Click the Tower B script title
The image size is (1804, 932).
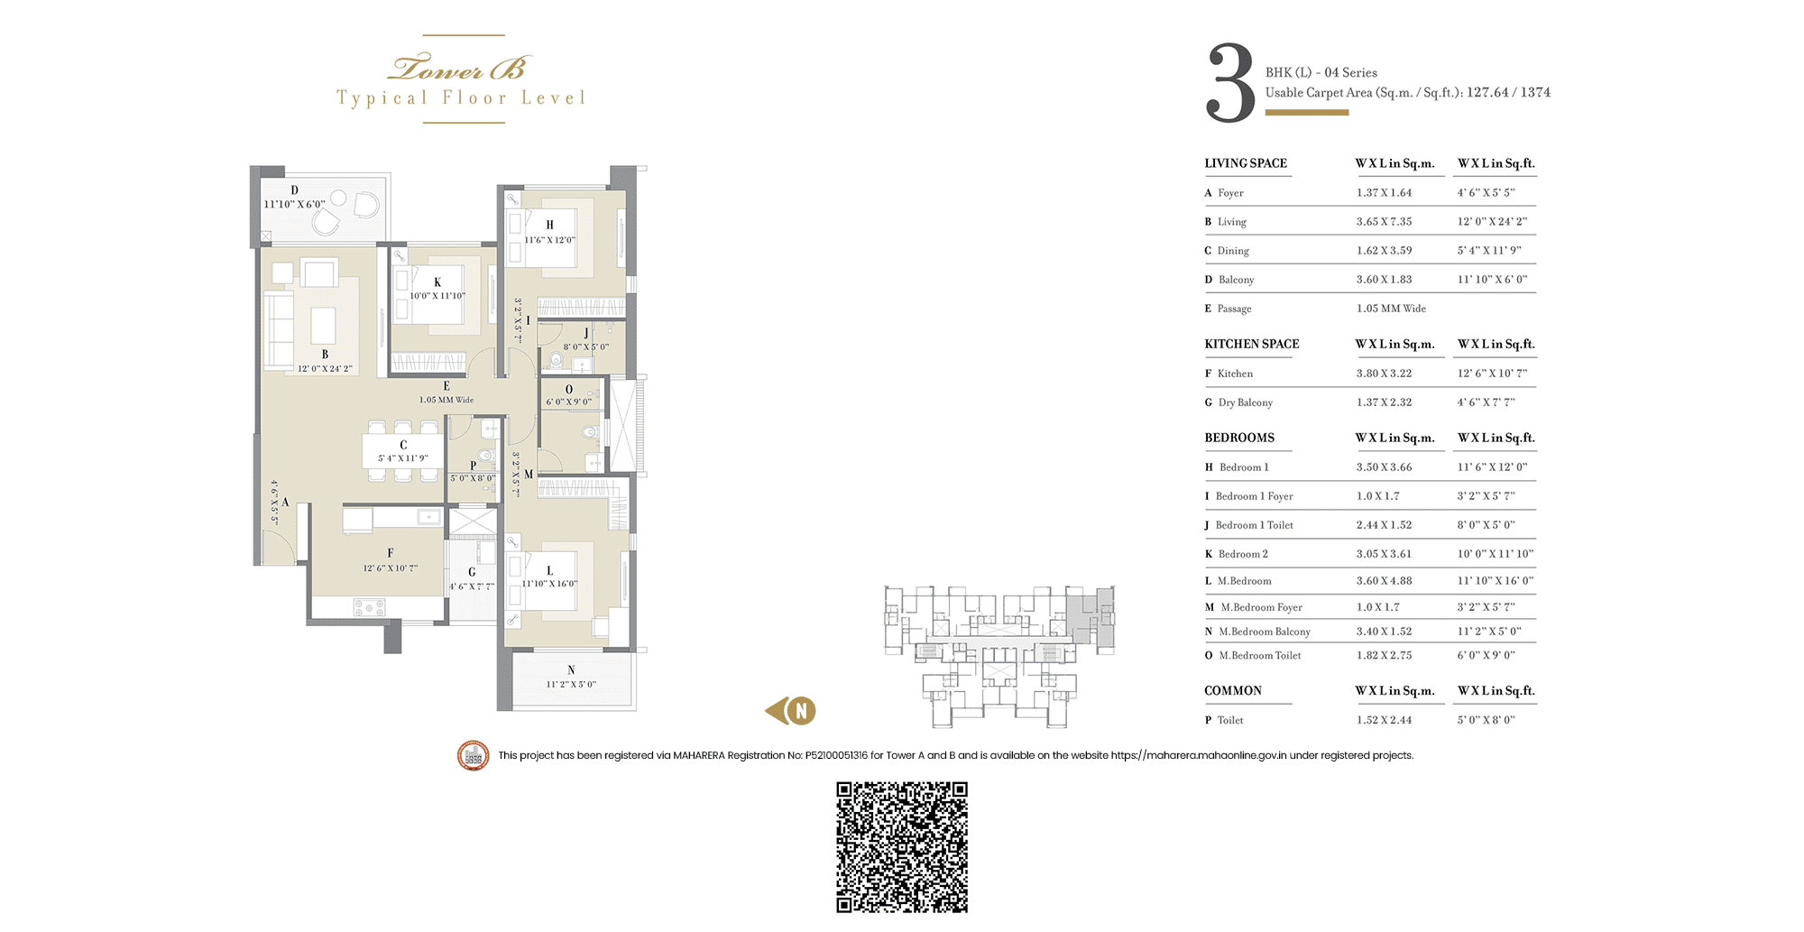click(461, 68)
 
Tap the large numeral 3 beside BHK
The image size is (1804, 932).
click(1230, 83)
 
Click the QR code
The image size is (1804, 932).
click(902, 847)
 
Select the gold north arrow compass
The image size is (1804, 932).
click(791, 711)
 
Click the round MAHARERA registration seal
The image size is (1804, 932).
click(474, 755)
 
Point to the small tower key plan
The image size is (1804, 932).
click(999, 656)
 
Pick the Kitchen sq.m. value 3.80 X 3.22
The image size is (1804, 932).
click(1384, 374)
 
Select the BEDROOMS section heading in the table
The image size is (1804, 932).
click(1239, 438)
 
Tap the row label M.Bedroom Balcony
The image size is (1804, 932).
click(1265, 632)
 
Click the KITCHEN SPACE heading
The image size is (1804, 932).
click(1252, 344)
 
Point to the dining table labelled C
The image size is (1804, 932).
click(403, 451)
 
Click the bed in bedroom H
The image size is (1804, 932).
click(550, 232)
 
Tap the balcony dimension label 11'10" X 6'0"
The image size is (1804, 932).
click(294, 205)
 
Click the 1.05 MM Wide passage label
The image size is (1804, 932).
click(446, 400)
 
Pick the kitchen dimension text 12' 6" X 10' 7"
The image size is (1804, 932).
click(391, 568)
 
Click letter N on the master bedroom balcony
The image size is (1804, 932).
click(571, 670)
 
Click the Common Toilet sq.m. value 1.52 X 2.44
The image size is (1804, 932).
click(1384, 720)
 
